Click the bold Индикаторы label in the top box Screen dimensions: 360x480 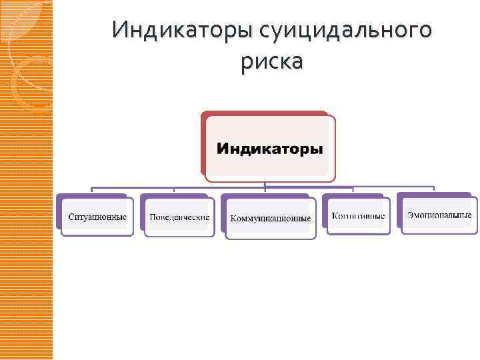point(269,148)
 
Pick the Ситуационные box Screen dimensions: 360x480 point(97,217)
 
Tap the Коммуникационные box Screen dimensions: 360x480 point(271,219)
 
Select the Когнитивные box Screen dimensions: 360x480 point(358,216)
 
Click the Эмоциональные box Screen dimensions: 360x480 point(440,215)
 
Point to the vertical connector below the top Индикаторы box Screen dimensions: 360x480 point(265,184)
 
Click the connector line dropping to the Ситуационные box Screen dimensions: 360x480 point(92,190)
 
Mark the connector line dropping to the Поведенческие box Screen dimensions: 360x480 point(175,191)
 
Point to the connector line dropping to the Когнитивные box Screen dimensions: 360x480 point(353,191)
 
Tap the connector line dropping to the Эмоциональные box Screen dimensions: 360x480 point(434,189)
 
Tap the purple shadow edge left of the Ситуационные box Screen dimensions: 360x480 point(58,212)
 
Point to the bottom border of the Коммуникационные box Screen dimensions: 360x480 point(271,238)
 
